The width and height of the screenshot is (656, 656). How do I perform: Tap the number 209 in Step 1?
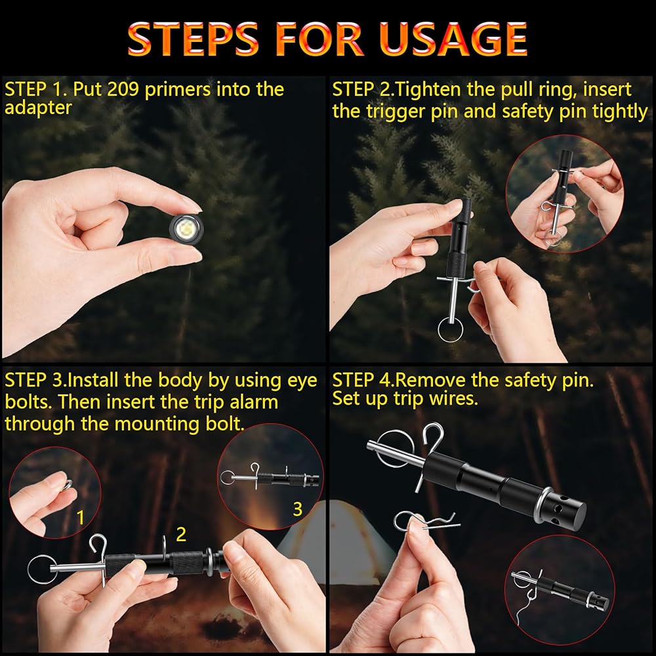(x=123, y=89)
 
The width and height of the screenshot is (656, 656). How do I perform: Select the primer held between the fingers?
(x=186, y=228)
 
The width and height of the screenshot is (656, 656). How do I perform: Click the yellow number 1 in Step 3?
(x=81, y=518)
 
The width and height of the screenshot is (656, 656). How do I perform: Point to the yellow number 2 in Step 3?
(x=181, y=534)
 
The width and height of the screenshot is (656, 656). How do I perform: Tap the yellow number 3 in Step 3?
(x=297, y=509)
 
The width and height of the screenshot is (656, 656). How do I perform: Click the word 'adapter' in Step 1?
(x=38, y=108)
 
